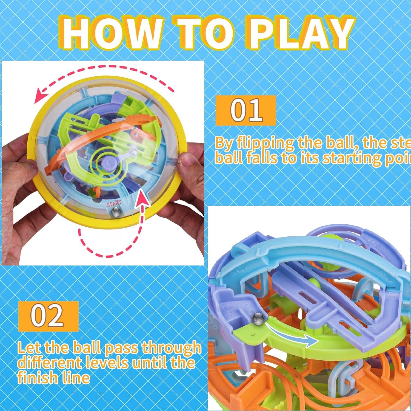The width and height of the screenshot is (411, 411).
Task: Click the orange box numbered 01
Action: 246,110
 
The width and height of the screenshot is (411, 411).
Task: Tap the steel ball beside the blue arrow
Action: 259,319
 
